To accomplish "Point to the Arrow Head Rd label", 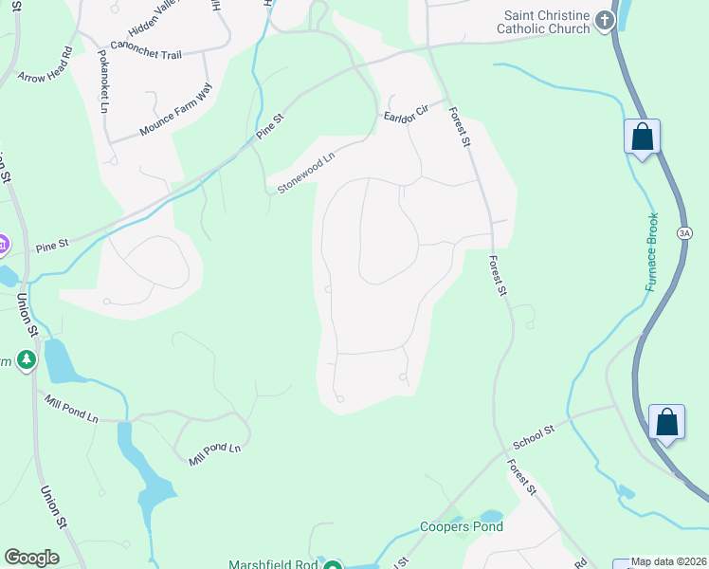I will coord(45,64).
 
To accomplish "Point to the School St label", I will coord(533,436).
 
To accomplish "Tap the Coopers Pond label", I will coord(461,526).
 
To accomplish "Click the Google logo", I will coord(31,558).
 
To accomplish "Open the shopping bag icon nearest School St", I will coord(666,421).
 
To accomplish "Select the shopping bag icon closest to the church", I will coord(642,137).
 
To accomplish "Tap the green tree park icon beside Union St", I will coord(27,359).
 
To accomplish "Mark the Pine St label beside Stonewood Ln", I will coord(267,132).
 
